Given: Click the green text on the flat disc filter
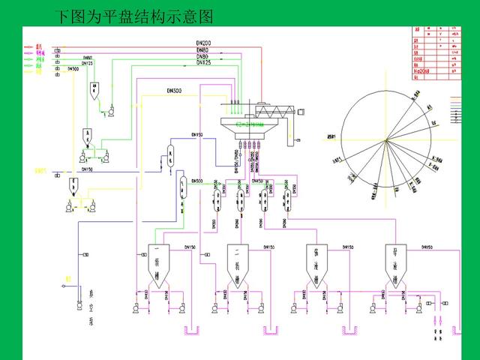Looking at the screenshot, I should tap(250, 124).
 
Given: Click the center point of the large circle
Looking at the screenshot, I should tap(386, 139).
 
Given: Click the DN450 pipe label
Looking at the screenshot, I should tap(257, 181).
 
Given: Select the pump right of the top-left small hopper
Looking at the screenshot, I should tap(110, 112).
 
